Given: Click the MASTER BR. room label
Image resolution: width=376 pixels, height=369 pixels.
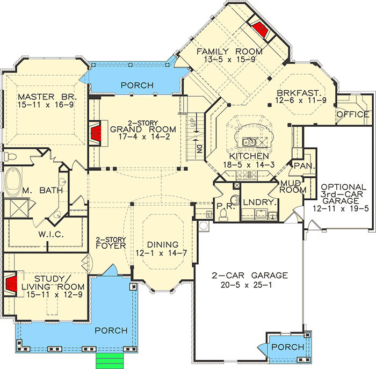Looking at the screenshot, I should click(48, 97).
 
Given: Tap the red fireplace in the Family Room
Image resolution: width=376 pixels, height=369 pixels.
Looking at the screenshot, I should click(259, 27).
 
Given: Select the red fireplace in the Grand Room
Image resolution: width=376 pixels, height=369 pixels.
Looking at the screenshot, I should click(95, 134).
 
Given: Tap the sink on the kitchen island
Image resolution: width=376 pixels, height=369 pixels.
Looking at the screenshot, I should click(249, 142).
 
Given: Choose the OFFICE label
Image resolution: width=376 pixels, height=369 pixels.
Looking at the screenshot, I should click(352, 114).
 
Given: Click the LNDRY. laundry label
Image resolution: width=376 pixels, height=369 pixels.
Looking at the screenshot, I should click(258, 204).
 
